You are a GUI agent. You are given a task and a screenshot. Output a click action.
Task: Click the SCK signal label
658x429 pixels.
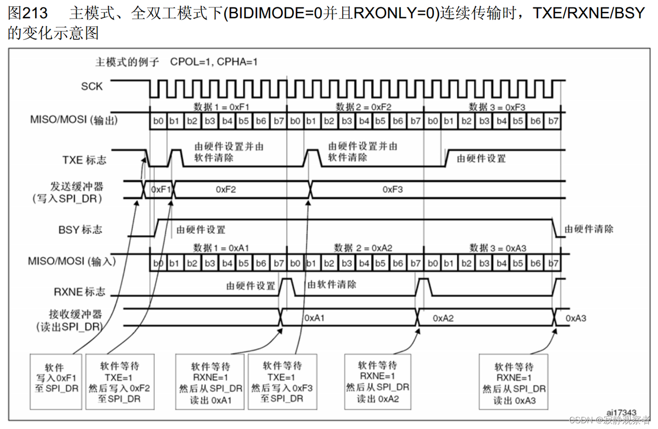tap(92, 86)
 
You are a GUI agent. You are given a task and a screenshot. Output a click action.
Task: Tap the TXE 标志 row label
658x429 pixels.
tap(84, 160)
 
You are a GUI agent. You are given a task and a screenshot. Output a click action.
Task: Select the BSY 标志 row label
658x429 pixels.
tap(80, 230)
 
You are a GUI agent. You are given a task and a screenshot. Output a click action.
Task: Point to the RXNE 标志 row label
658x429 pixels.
tap(79, 291)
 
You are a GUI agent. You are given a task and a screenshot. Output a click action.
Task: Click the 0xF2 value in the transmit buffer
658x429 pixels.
tap(225, 189)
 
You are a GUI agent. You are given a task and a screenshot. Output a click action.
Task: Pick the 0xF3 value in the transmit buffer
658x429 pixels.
tap(392, 189)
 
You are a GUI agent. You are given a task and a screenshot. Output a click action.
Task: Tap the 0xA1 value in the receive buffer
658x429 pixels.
tap(314, 318)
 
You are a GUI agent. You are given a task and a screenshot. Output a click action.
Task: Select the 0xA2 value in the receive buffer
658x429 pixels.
tap(443, 318)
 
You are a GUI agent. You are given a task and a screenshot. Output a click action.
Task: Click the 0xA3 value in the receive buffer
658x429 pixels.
tap(575, 318)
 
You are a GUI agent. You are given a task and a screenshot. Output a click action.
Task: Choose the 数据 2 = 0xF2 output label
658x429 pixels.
tap(363, 107)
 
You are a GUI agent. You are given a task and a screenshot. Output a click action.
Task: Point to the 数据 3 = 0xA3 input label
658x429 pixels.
tap(498, 248)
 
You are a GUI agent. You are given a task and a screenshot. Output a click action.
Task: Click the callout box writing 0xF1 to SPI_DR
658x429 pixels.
tap(56, 381)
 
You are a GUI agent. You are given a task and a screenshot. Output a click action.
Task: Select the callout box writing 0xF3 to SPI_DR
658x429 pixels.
tap(282, 381)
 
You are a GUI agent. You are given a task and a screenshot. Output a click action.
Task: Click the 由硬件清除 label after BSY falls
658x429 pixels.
tap(589, 229)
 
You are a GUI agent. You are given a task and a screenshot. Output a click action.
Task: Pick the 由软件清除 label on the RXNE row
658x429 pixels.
tap(332, 284)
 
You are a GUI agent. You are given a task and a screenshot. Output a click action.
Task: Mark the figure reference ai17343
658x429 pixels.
tap(621, 412)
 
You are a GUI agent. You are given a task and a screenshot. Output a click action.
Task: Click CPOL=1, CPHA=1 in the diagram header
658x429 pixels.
tap(213, 62)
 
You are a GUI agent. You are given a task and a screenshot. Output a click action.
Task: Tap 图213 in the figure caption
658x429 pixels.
tap(28, 13)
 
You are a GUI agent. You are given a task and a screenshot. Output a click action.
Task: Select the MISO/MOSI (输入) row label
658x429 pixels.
tap(72, 261)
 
